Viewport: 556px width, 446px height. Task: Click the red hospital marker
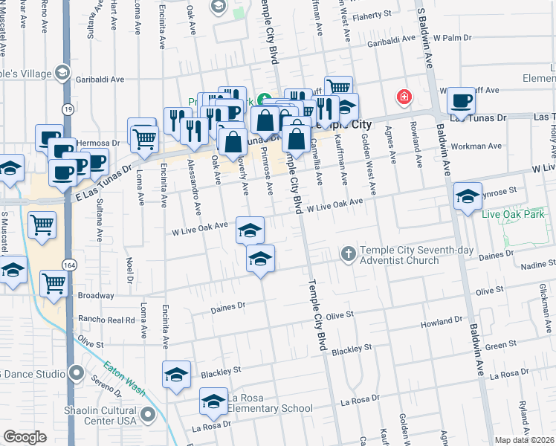[404, 97]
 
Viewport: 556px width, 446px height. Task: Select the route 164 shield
[68, 265]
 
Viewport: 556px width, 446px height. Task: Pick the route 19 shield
[68, 109]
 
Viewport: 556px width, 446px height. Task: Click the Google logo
[25, 437]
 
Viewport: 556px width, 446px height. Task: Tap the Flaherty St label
[372, 15]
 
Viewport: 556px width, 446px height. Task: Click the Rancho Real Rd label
[106, 320]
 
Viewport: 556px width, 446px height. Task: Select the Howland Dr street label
[441, 322]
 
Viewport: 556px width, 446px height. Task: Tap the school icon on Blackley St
[177, 374]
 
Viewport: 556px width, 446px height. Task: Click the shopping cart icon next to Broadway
[54, 282]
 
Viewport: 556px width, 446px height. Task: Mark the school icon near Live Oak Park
[467, 196]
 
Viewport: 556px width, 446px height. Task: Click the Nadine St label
[538, 265]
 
